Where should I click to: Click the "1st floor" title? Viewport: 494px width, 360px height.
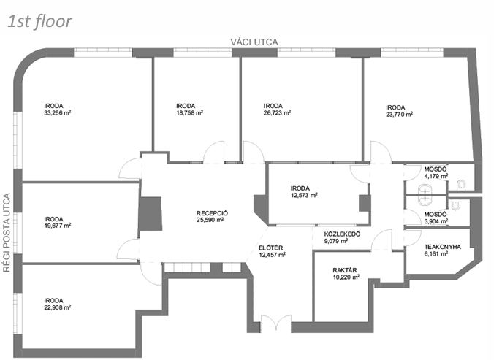(40, 21)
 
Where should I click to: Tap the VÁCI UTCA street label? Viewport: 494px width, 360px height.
(254, 42)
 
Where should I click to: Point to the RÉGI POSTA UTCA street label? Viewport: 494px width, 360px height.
(7, 232)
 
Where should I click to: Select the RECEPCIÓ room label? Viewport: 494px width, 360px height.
(212, 213)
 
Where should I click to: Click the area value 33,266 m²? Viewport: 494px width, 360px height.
(58, 112)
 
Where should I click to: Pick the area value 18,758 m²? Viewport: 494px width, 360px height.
(190, 112)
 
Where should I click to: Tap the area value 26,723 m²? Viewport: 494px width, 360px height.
(277, 112)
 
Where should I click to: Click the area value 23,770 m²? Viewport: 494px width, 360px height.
(400, 115)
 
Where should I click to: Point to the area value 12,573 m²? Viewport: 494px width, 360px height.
(304, 195)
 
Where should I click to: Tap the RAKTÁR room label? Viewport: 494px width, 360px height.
(345, 270)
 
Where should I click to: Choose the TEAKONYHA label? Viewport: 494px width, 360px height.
(443, 247)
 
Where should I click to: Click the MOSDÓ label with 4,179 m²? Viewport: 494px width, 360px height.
(436, 169)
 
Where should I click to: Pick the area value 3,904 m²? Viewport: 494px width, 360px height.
(436, 221)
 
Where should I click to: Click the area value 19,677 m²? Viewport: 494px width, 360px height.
(58, 226)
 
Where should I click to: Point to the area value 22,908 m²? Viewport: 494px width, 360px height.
(58, 307)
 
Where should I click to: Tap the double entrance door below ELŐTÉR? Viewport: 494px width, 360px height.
(276, 323)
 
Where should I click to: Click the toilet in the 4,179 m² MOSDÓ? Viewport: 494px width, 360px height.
(461, 185)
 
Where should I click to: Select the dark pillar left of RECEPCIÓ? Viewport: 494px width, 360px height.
(151, 214)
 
